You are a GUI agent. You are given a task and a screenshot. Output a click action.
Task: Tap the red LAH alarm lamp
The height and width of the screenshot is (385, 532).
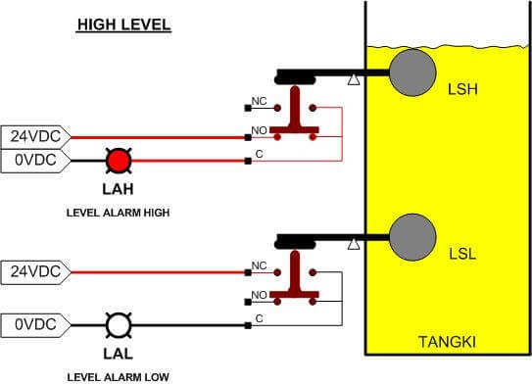pyautogui.click(x=119, y=160)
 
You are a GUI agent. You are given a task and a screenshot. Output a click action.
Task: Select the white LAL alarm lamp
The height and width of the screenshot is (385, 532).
pyautogui.click(x=119, y=321)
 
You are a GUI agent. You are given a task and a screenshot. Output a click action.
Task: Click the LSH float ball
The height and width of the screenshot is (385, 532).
pyautogui.click(x=412, y=72)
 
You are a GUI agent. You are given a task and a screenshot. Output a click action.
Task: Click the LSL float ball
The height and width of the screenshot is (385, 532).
pyautogui.click(x=412, y=236)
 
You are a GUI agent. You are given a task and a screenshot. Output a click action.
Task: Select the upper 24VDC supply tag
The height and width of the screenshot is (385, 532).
pyautogui.click(x=33, y=137)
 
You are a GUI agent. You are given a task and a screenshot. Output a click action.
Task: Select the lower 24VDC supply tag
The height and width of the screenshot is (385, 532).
pyautogui.click(x=33, y=270)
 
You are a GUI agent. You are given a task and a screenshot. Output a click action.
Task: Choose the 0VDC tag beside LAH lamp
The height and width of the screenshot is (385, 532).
pyautogui.click(x=33, y=160)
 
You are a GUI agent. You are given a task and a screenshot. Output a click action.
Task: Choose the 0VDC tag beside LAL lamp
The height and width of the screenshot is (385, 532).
pyautogui.click(x=33, y=321)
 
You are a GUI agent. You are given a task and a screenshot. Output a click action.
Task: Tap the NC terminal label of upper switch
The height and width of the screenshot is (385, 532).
pyautogui.click(x=260, y=102)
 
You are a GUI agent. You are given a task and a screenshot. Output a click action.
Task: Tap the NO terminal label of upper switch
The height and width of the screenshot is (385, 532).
pyautogui.click(x=260, y=129)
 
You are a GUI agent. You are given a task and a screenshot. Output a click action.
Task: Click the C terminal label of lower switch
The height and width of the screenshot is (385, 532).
pyautogui.click(x=259, y=318)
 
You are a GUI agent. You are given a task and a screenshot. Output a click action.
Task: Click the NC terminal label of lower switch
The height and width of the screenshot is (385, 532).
pyautogui.click(x=260, y=265)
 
